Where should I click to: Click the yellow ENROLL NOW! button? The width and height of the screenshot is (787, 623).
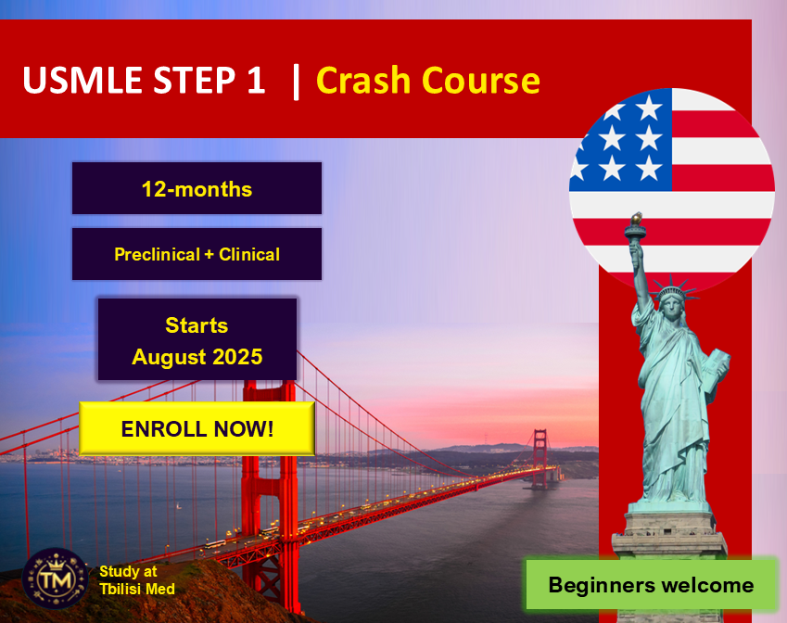[197, 428]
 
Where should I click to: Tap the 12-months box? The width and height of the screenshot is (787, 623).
[197, 189]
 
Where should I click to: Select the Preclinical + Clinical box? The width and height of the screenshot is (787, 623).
[197, 254]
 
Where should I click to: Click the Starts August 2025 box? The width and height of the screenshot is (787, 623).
[197, 340]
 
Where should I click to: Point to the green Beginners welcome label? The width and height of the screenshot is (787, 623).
[651, 585]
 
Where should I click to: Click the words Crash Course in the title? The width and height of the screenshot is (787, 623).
[427, 81]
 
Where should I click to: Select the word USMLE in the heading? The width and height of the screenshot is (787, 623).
[78, 81]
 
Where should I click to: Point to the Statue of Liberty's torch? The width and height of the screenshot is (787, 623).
[636, 225]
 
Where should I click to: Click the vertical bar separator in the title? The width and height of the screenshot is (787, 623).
[296, 81]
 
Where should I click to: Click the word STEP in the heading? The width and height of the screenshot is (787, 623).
[189, 81]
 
